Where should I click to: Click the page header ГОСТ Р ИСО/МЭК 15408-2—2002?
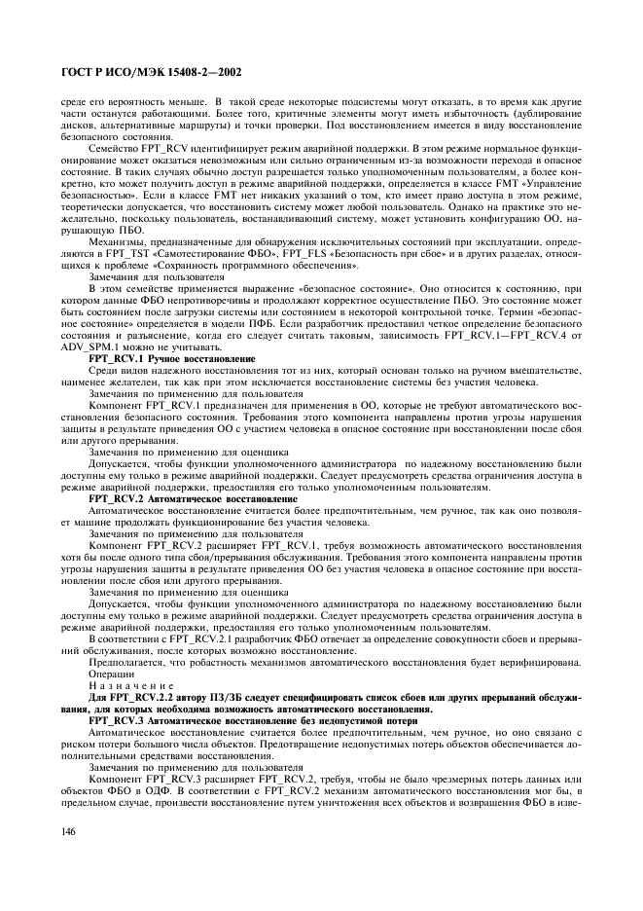[148, 71]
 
